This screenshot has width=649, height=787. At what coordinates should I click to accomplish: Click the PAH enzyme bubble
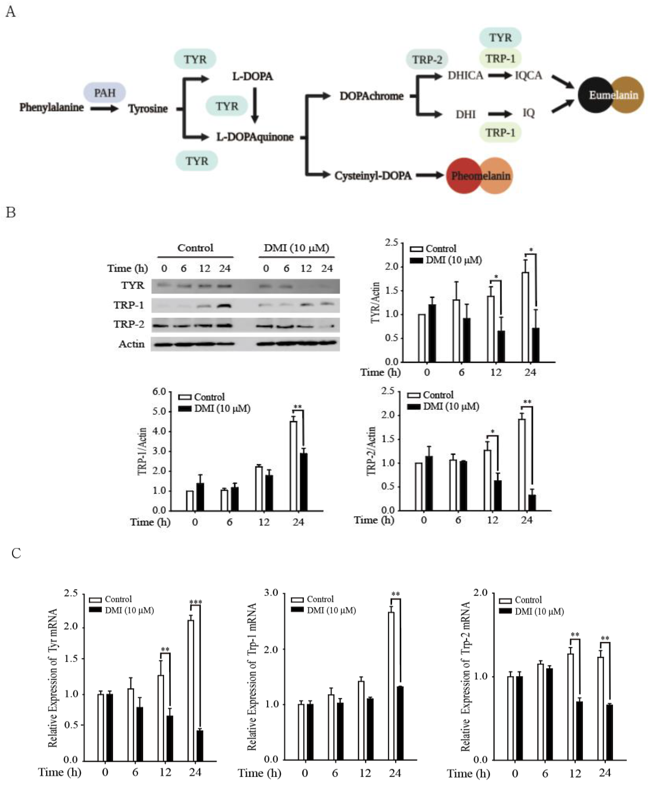point(105,92)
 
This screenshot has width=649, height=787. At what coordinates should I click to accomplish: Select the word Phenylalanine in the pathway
point(52,107)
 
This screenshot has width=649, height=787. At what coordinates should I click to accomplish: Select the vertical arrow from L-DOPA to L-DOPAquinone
point(255,105)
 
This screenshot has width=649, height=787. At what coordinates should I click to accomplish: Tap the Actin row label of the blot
point(131,344)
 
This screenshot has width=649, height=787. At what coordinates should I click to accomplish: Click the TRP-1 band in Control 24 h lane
point(224,305)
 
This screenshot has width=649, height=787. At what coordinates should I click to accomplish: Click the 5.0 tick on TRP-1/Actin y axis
point(159,411)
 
